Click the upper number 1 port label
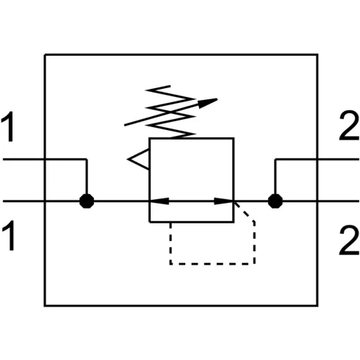(8, 126)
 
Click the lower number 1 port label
(9, 236)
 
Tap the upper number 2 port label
(349, 126)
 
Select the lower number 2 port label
(349, 241)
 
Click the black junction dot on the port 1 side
(87, 201)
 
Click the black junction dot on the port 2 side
(276, 201)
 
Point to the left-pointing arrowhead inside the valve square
(159, 201)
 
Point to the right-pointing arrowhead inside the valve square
(223, 201)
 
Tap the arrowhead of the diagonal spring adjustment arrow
(207, 103)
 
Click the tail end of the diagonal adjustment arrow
(125, 126)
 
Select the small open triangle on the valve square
(138, 159)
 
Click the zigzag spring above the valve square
(170, 112)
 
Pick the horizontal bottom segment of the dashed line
(212, 264)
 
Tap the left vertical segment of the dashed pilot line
(170, 243)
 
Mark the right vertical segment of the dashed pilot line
(254, 243)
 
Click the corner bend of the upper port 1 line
(87, 159)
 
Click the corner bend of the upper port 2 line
(276, 159)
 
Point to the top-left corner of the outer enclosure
(45, 55)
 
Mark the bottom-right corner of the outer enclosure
(317, 306)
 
